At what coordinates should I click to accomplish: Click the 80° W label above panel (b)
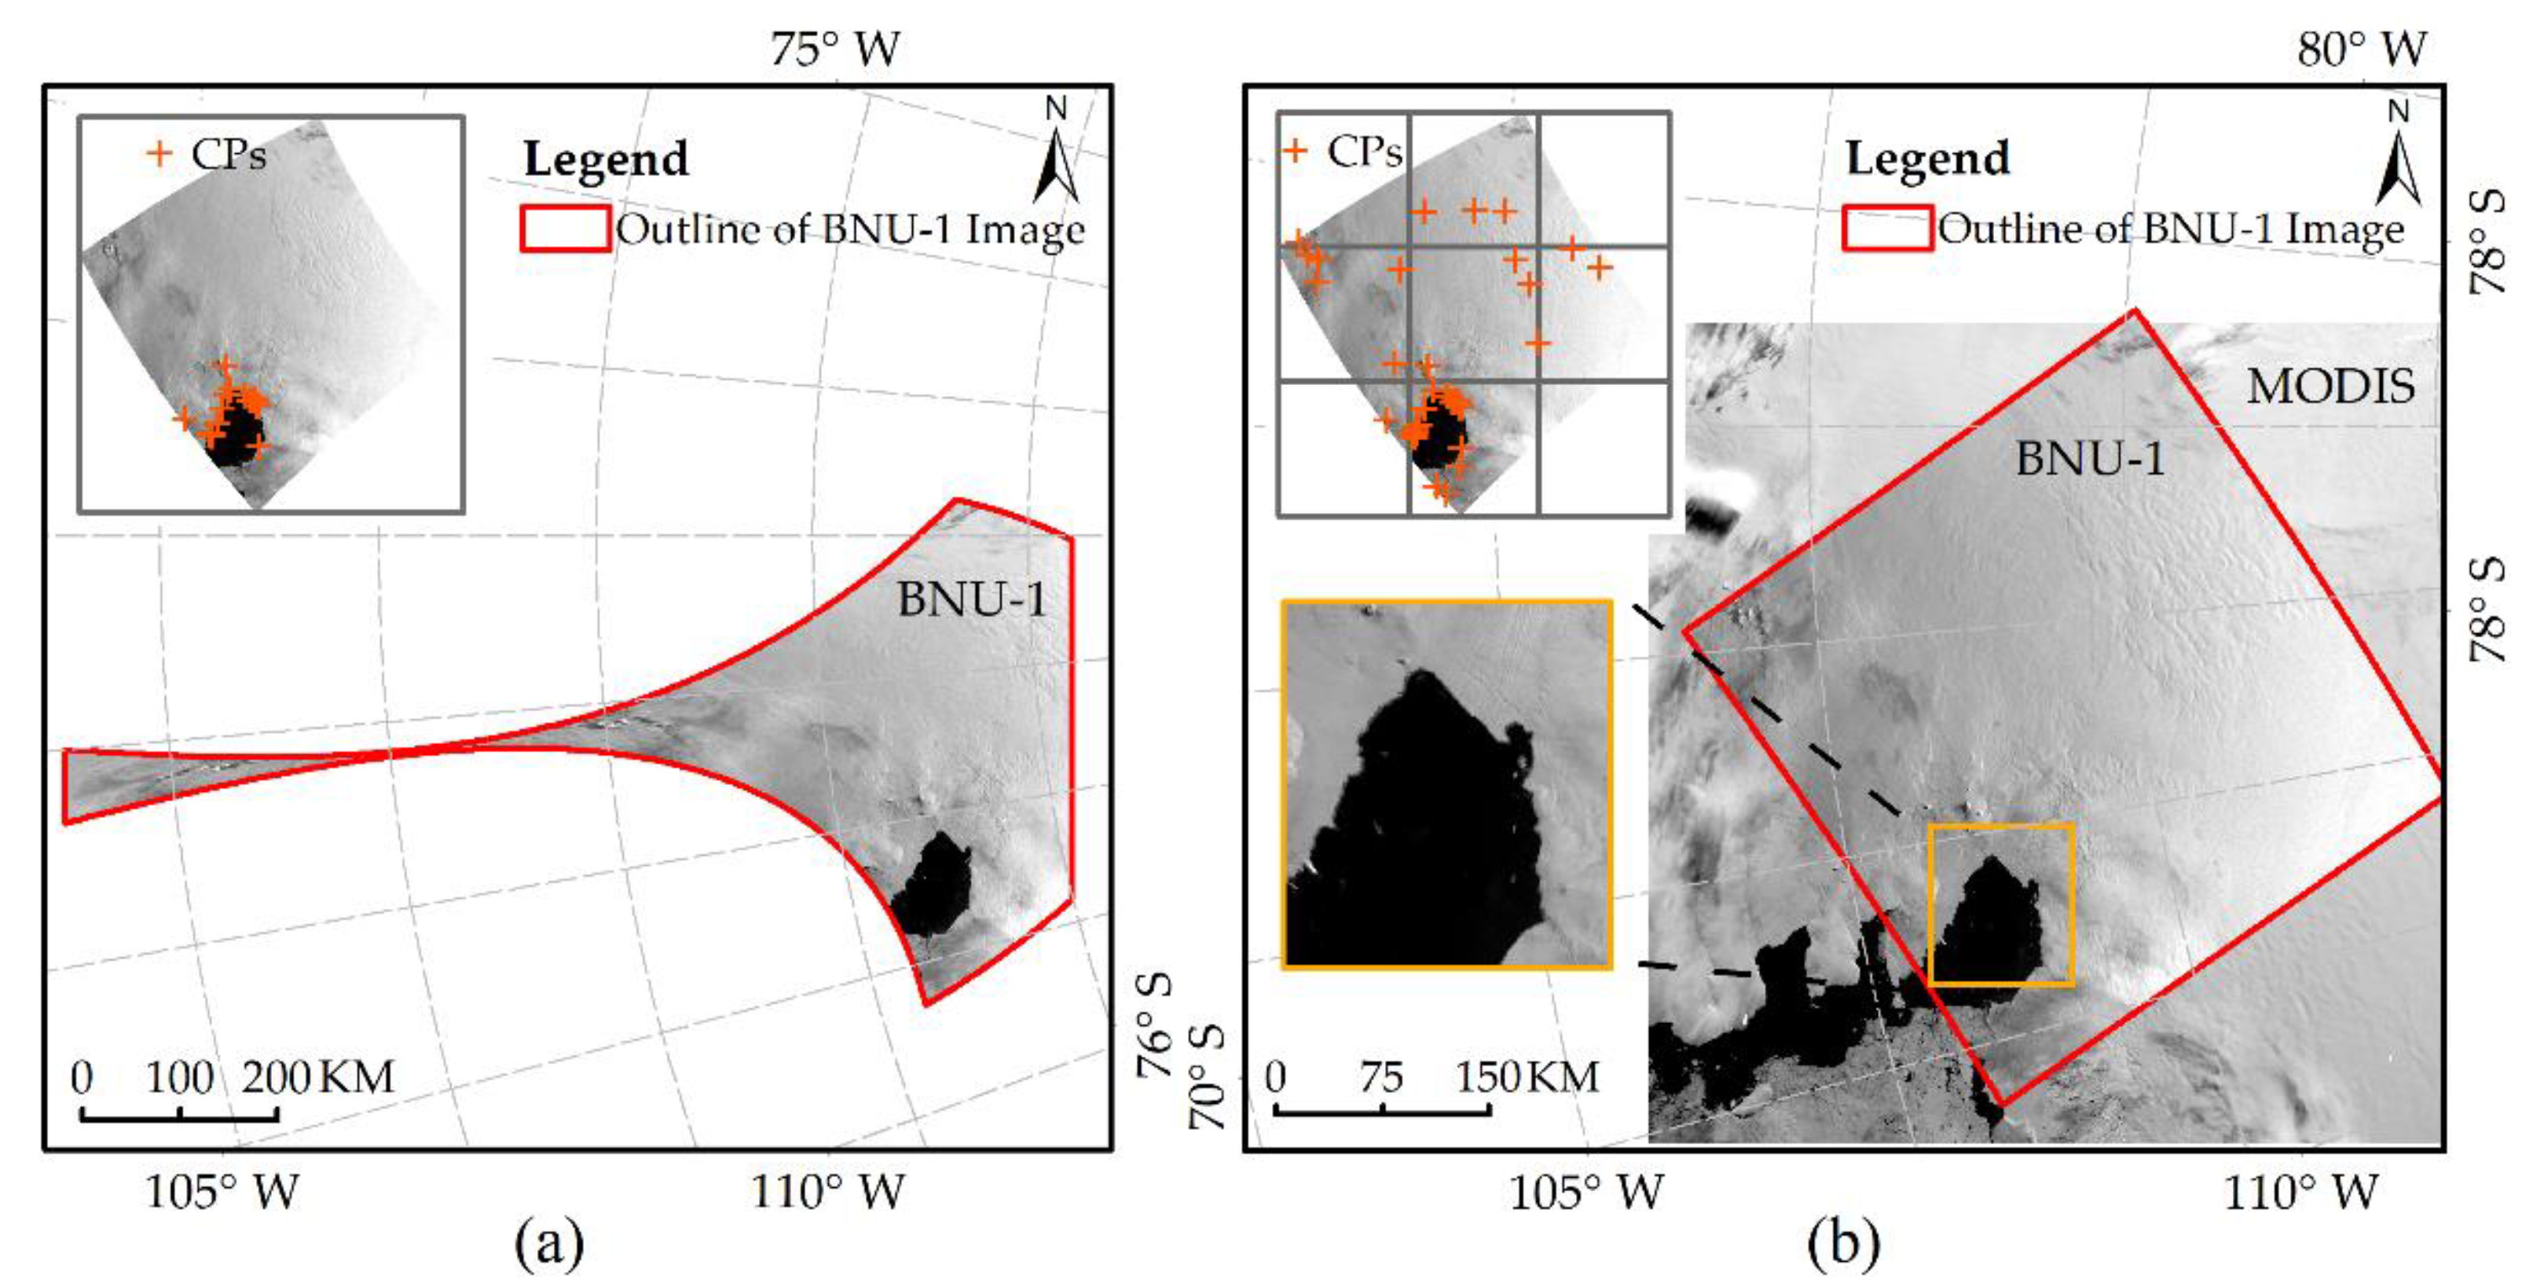click(2361, 48)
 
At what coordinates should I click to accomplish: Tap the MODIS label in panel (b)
click(2330, 387)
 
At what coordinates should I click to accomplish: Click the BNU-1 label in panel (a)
click(972, 599)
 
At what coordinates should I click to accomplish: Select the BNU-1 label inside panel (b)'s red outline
click(2090, 458)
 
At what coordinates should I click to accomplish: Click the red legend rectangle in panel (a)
click(564, 228)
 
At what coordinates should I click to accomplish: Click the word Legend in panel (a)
click(606, 159)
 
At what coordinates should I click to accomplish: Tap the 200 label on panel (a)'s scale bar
click(277, 1077)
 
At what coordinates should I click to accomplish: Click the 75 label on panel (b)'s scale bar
click(1381, 1077)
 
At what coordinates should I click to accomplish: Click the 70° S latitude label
click(1208, 1076)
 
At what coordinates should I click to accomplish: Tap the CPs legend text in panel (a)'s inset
click(228, 153)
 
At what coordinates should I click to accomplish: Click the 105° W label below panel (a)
click(222, 1193)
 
